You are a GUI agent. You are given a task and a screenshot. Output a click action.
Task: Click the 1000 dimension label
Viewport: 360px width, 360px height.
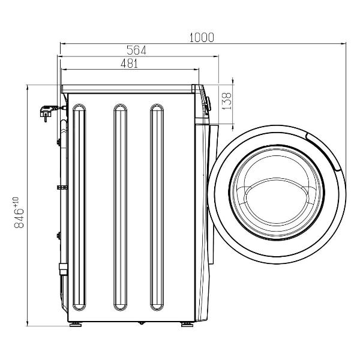pos(202,38)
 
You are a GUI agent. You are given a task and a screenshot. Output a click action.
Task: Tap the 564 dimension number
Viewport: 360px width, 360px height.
pos(136,50)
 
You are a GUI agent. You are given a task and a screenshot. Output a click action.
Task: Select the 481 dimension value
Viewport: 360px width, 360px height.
pos(129,64)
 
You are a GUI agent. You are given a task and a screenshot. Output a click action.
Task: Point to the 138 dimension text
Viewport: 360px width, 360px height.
pos(227,101)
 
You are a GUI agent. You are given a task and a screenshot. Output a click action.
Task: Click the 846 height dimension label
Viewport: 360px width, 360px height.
pos(19,218)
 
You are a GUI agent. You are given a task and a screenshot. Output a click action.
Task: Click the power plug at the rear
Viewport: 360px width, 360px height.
pos(48,112)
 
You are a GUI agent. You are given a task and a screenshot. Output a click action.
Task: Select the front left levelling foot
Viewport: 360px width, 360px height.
pos(187,325)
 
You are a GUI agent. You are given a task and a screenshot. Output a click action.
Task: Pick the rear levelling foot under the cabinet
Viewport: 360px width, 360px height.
pos(76,325)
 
